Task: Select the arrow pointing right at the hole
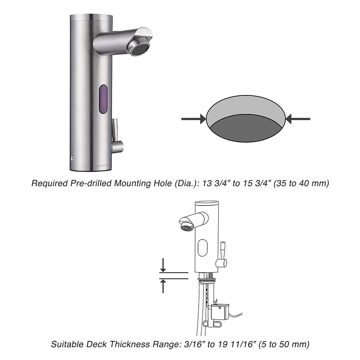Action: (193, 119)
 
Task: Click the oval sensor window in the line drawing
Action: (203, 248)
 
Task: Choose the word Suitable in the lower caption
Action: (67, 344)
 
